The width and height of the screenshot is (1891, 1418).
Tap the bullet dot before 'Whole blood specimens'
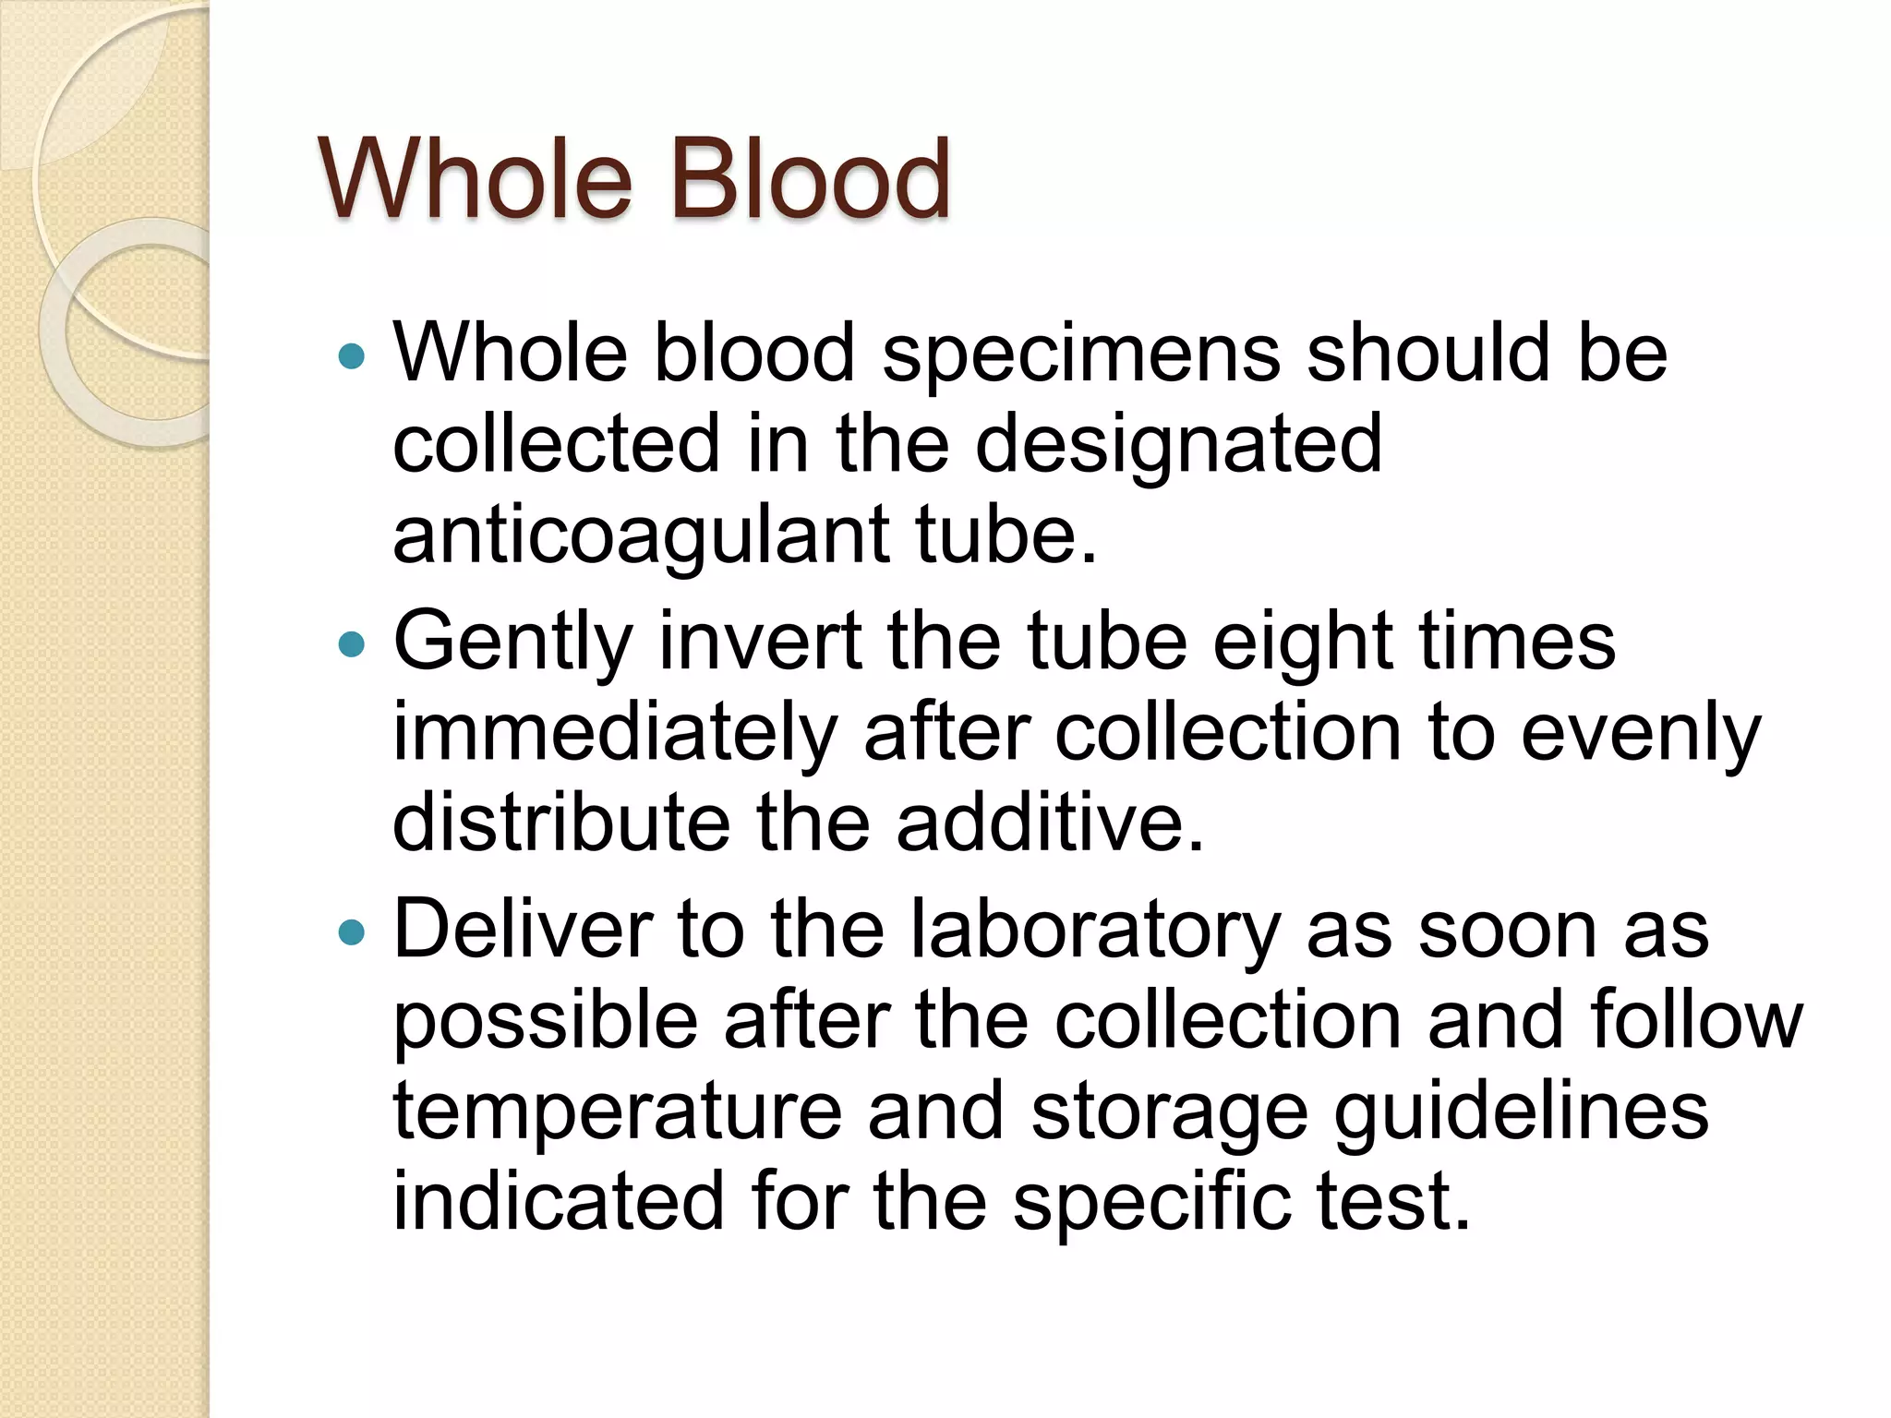pyautogui.click(x=352, y=355)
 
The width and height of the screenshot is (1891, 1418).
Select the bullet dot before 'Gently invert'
pyautogui.click(x=352, y=643)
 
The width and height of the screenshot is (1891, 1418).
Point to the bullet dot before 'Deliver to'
pyautogui.click(x=352, y=932)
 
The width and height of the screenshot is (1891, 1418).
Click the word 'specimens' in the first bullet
pyautogui.click(x=1081, y=355)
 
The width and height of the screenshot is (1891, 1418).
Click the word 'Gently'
pyautogui.click(x=513, y=643)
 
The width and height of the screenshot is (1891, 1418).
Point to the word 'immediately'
pyautogui.click(x=615, y=734)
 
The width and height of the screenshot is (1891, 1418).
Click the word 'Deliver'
pyautogui.click(x=523, y=931)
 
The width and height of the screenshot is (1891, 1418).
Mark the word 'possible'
pyautogui.click(x=546, y=1023)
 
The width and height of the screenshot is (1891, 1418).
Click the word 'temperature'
pyautogui.click(x=618, y=1112)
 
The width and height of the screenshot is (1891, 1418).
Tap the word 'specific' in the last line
pyautogui.click(x=1150, y=1202)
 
